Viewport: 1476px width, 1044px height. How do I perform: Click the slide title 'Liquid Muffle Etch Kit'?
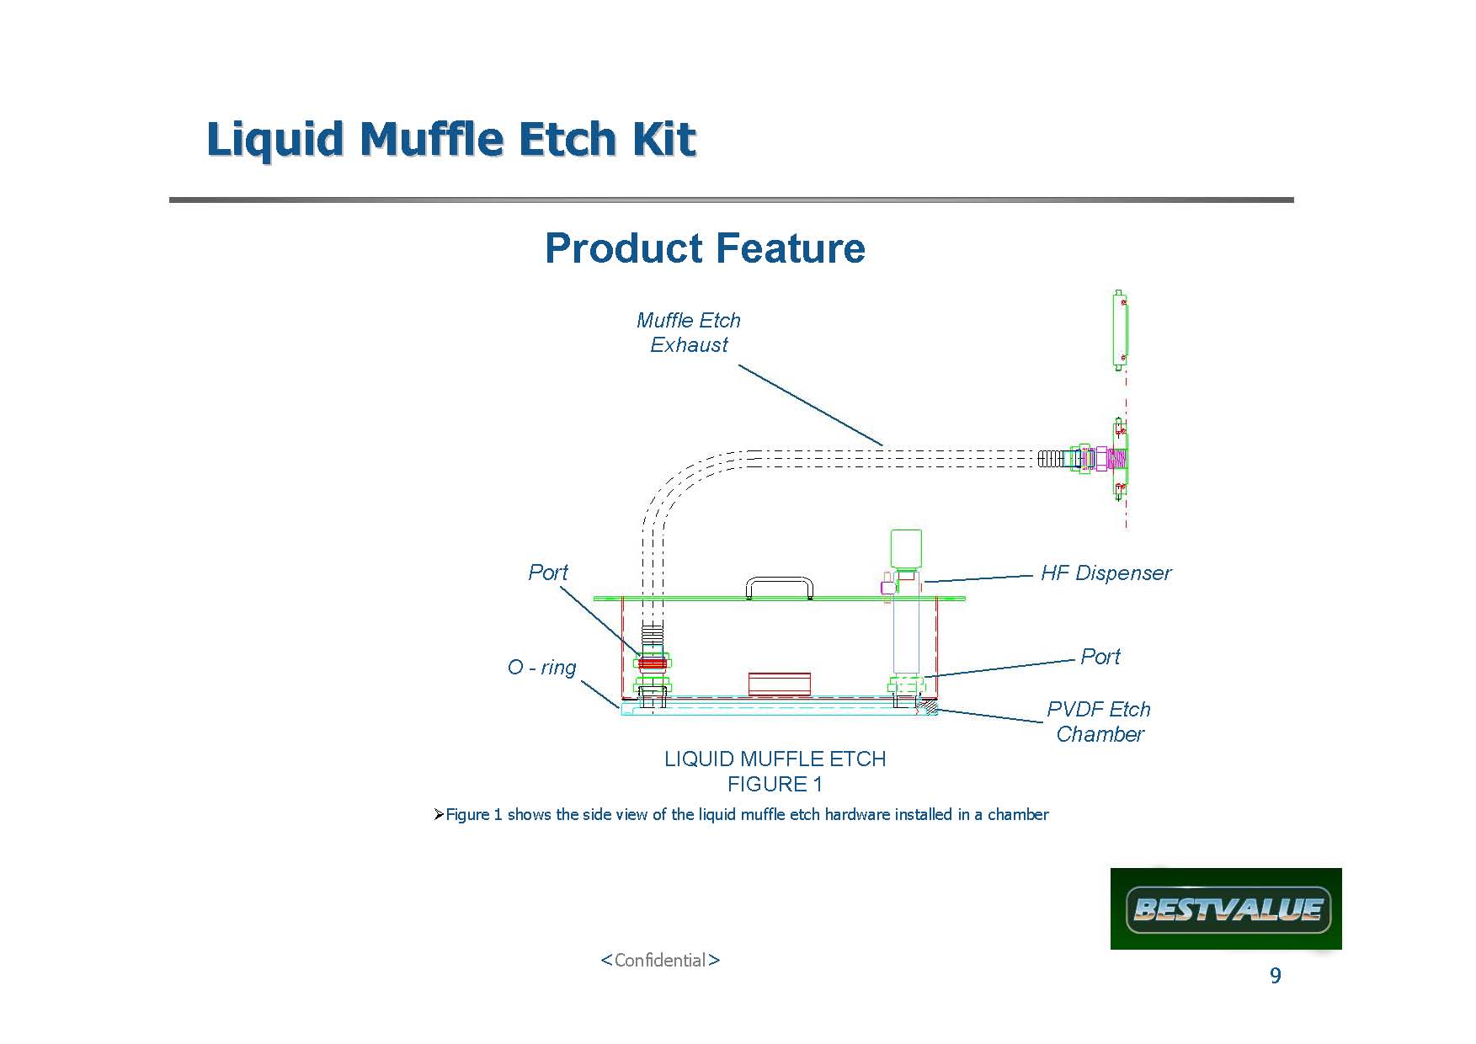[451, 139]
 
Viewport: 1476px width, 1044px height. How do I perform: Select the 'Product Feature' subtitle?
[705, 248]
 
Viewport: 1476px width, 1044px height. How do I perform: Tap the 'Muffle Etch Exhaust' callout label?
[689, 333]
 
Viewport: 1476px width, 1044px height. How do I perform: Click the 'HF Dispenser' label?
[1106, 573]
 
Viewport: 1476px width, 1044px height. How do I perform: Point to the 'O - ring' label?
[542, 668]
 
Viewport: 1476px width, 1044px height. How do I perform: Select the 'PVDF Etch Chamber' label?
[1099, 722]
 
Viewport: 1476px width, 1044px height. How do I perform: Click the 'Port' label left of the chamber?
[548, 573]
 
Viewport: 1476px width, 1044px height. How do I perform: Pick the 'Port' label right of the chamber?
[1100, 657]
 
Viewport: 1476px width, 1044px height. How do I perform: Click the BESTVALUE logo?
[1226, 909]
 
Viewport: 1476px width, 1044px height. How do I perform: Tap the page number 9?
[1276, 976]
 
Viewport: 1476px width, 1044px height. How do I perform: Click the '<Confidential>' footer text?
[660, 961]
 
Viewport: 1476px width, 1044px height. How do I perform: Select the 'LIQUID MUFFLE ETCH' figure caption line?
[775, 759]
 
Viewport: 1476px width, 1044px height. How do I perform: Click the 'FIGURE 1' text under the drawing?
[775, 785]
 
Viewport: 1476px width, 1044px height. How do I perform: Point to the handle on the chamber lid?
[779, 579]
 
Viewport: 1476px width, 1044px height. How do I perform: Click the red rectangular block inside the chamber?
[780, 684]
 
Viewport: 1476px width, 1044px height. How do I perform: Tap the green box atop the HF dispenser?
[906, 549]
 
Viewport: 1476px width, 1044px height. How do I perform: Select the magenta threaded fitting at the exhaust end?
[1116, 459]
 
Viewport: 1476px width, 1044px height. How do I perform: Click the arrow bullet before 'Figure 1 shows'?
[438, 815]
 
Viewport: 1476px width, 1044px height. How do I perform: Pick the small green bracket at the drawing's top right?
[1120, 330]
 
